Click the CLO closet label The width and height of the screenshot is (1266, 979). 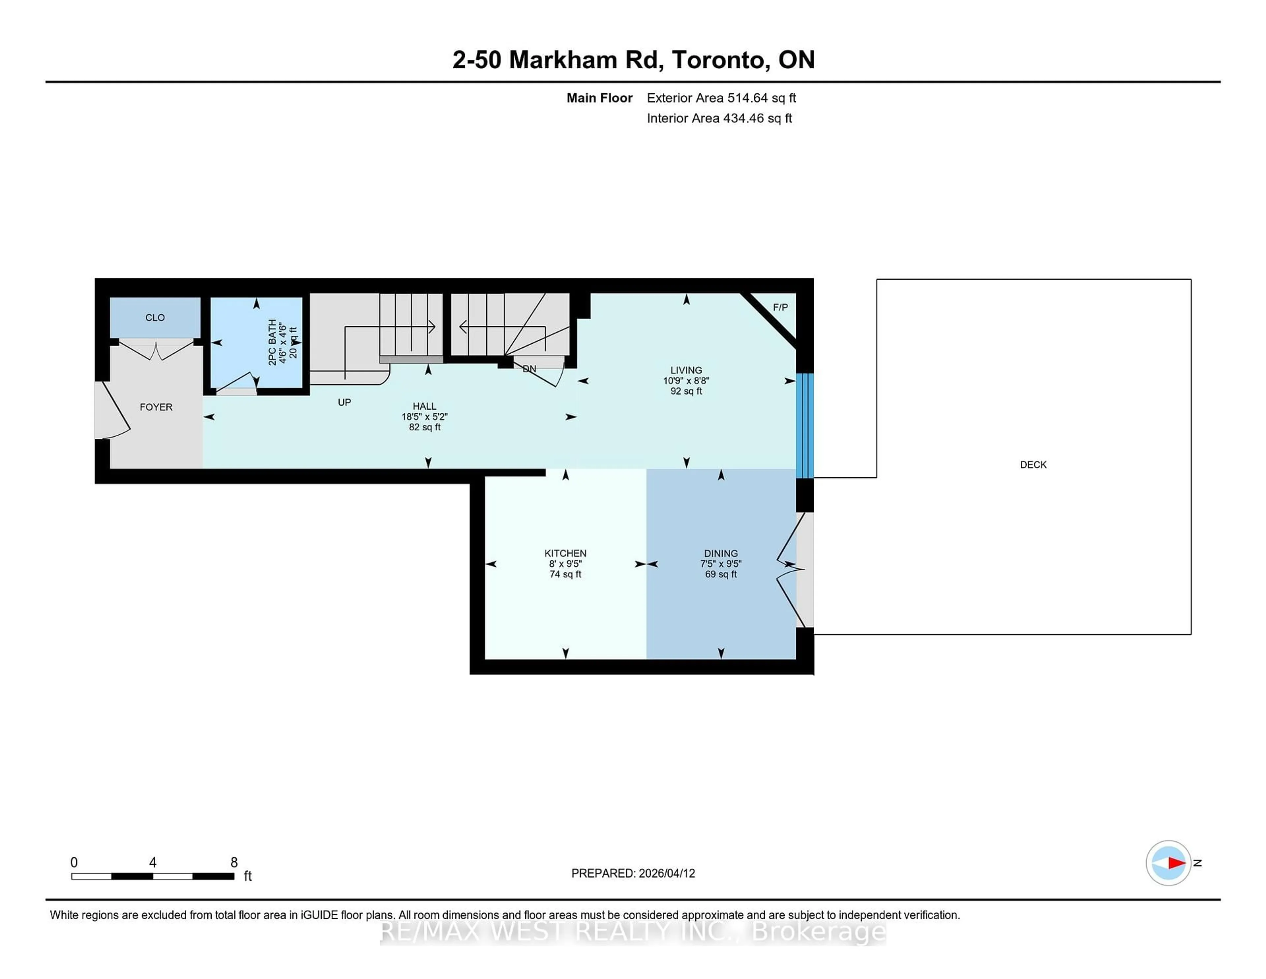click(155, 317)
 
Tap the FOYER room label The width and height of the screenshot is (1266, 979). click(156, 407)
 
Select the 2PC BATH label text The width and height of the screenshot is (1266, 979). click(272, 342)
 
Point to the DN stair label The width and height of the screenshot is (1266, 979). click(529, 369)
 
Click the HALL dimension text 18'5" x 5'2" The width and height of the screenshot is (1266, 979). click(424, 416)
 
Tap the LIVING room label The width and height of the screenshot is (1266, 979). click(686, 370)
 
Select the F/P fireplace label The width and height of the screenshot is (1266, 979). click(780, 307)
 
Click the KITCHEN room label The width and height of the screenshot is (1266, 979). click(565, 553)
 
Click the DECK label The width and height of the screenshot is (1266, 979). click(1033, 464)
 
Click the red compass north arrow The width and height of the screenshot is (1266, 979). click(1176, 863)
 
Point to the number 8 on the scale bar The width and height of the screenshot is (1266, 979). click(234, 863)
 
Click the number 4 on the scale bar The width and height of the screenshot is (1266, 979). click(152, 863)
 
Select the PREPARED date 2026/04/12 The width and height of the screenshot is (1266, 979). click(666, 873)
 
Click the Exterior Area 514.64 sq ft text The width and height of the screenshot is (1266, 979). click(721, 98)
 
